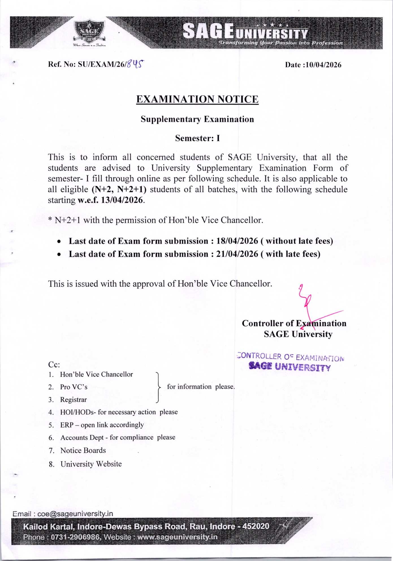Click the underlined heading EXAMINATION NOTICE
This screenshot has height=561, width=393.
tap(197, 99)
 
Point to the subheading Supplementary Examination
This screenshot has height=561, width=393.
tap(197, 119)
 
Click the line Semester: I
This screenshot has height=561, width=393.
tap(197, 138)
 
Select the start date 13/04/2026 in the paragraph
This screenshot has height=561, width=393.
tap(122, 200)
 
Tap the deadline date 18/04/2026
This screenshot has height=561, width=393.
tap(237, 241)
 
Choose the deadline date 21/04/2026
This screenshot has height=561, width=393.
tap(237, 254)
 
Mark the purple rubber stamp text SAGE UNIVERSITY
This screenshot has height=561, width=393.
tap(290, 367)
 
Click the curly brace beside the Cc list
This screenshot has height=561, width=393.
tap(159, 387)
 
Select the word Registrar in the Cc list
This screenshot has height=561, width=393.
tap(74, 400)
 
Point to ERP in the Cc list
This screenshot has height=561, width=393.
tap(67, 425)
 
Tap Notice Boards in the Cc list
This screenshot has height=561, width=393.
tap(83, 450)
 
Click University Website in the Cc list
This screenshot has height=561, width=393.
tap(91, 464)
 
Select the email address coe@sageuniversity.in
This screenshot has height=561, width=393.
tap(75, 513)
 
